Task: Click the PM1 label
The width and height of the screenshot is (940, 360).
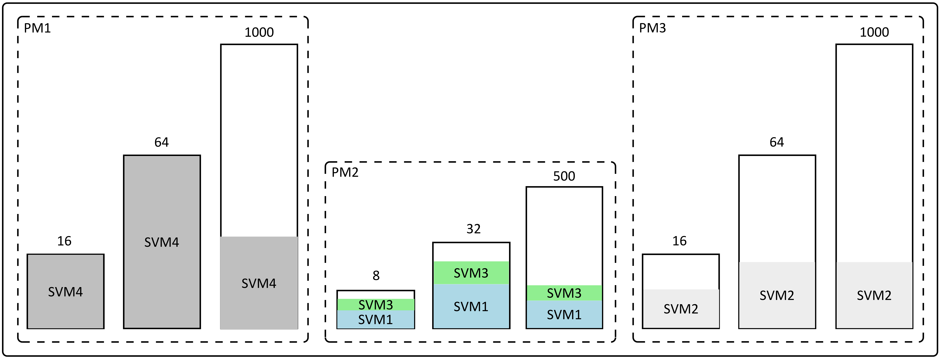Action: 37,28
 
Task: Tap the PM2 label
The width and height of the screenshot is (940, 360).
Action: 345,172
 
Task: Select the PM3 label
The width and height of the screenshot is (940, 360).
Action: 652,28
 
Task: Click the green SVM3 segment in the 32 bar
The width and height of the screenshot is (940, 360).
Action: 471,273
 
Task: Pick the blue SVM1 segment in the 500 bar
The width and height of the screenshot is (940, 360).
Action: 564,314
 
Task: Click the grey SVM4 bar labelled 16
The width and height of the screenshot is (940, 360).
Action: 66,291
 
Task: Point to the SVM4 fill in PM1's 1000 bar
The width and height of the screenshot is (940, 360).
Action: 259,283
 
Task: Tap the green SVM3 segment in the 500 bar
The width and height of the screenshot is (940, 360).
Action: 564,293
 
